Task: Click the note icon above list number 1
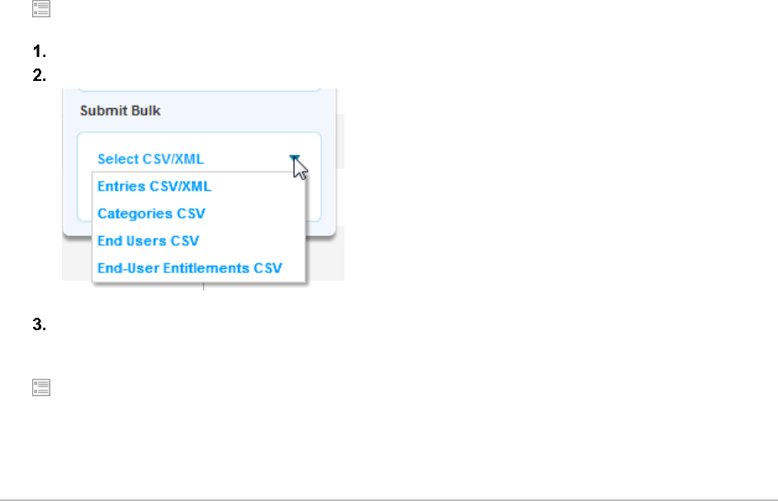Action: pyautogui.click(x=40, y=10)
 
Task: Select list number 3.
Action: pyautogui.click(x=38, y=324)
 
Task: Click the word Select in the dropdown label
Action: pyautogui.click(x=117, y=158)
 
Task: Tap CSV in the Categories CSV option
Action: pyautogui.click(x=191, y=214)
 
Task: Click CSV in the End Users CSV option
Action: pyautogui.click(x=185, y=241)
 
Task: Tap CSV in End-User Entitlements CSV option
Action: pyautogui.click(x=268, y=268)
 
